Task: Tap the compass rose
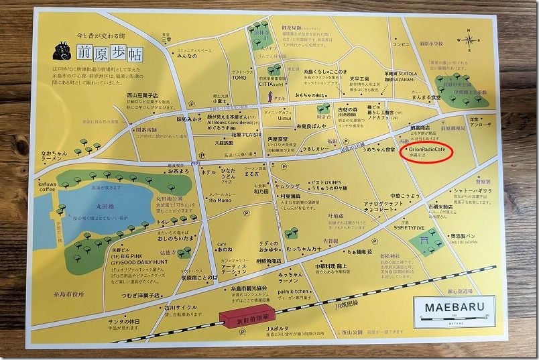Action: [x=468, y=40]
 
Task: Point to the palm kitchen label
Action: [x=290, y=292]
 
